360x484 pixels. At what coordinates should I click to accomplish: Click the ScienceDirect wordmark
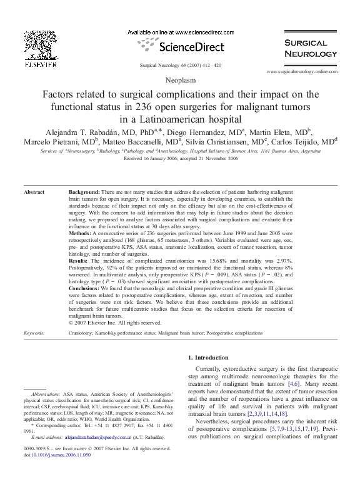click(x=186, y=47)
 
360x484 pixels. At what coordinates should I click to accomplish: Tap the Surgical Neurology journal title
click(x=306, y=48)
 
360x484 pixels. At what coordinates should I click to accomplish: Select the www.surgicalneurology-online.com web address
click(x=306, y=73)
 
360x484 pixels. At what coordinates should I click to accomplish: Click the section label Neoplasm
click(x=180, y=81)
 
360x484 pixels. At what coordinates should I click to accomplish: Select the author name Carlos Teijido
click(x=305, y=141)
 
